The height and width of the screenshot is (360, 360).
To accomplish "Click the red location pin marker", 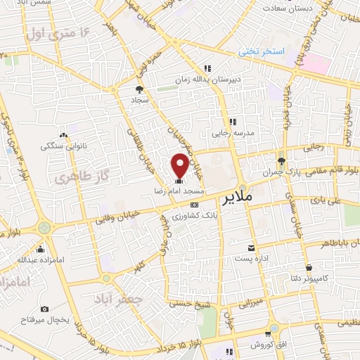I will pos(180,165).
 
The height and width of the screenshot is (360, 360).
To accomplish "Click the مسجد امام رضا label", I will pos(180,191).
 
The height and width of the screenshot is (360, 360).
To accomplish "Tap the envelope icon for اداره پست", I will pos(251,247).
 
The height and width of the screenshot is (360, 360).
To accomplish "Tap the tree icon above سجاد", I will pos(139,89).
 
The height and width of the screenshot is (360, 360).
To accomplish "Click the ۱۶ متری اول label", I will pos(58,32).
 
